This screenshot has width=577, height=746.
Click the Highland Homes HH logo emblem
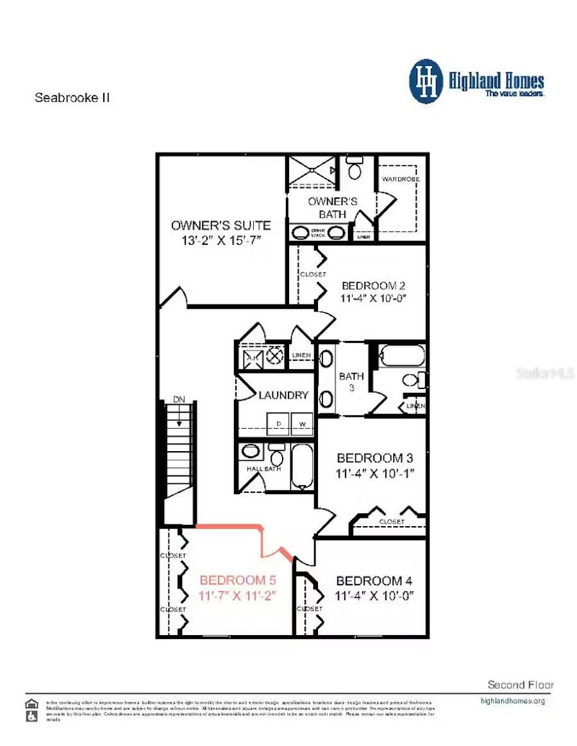click(426, 81)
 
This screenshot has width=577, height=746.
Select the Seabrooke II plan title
click(72, 98)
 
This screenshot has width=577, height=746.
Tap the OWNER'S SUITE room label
click(221, 226)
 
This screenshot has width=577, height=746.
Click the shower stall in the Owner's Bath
click(311, 170)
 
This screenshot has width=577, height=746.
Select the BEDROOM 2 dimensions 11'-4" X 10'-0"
click(374, 298)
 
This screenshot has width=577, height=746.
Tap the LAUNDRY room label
click(283, 395)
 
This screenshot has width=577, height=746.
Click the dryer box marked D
click(278, 424)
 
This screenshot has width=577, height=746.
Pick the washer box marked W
click(303, 424)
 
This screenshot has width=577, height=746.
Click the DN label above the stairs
click(179, 400)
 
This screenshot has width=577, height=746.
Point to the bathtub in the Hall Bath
click(301, 466)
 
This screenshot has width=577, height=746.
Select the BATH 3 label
click(351, 382)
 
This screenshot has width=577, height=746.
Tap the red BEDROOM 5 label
click(237, 581)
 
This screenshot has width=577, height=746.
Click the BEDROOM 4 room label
click(374, 581)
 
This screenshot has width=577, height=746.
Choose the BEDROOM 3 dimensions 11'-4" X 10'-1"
click(375, 474)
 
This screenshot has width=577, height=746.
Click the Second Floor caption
click(520, 684)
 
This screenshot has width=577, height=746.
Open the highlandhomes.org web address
click(512, 701)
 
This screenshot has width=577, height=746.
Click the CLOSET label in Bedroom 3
click(391, 522)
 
